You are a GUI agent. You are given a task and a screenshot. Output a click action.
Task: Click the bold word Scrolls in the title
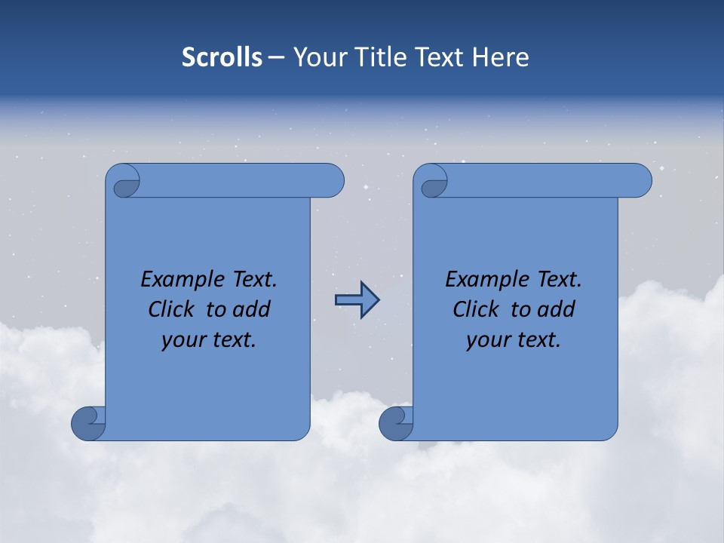click(222, 57)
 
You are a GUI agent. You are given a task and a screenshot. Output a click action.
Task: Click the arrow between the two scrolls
click(357, 300)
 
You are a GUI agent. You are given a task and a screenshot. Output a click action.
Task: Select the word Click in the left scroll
click(170, 309)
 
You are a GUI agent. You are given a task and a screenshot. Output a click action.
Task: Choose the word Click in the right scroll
click(475, 309)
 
